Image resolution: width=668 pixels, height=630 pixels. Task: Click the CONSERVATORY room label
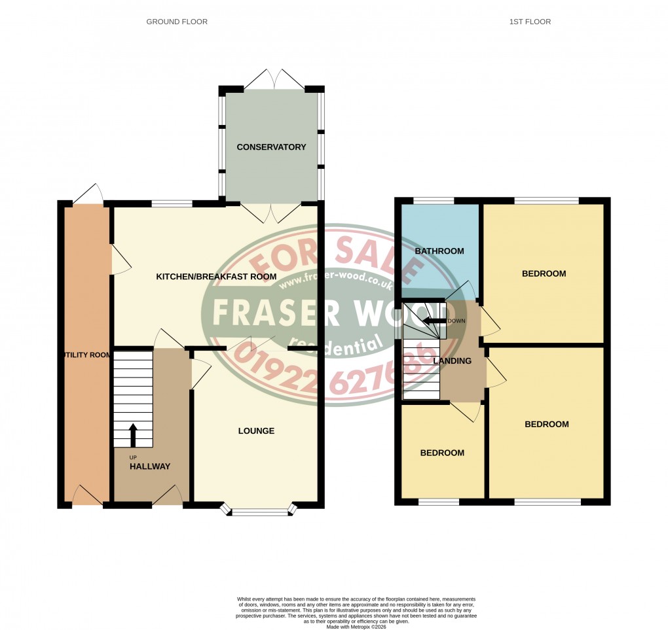tap(272, 147)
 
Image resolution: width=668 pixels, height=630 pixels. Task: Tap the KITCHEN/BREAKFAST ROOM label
tap(216, 277)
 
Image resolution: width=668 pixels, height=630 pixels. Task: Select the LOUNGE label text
tap(256, 431)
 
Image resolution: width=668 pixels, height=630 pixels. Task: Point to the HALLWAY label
tap(150, 466)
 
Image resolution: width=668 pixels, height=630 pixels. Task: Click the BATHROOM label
tap(439, 251)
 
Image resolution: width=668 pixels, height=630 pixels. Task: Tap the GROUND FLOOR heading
tap(177, 22)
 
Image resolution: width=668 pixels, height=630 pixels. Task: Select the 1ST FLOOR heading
tap(530, 22)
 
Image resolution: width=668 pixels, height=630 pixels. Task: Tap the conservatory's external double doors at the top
tap(274, 80)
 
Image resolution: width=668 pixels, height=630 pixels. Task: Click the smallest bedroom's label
tap(442, 453)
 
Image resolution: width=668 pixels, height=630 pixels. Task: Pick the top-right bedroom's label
tap(544, 273)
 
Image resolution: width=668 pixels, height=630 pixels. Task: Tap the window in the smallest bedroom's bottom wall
tap(439, 502)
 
